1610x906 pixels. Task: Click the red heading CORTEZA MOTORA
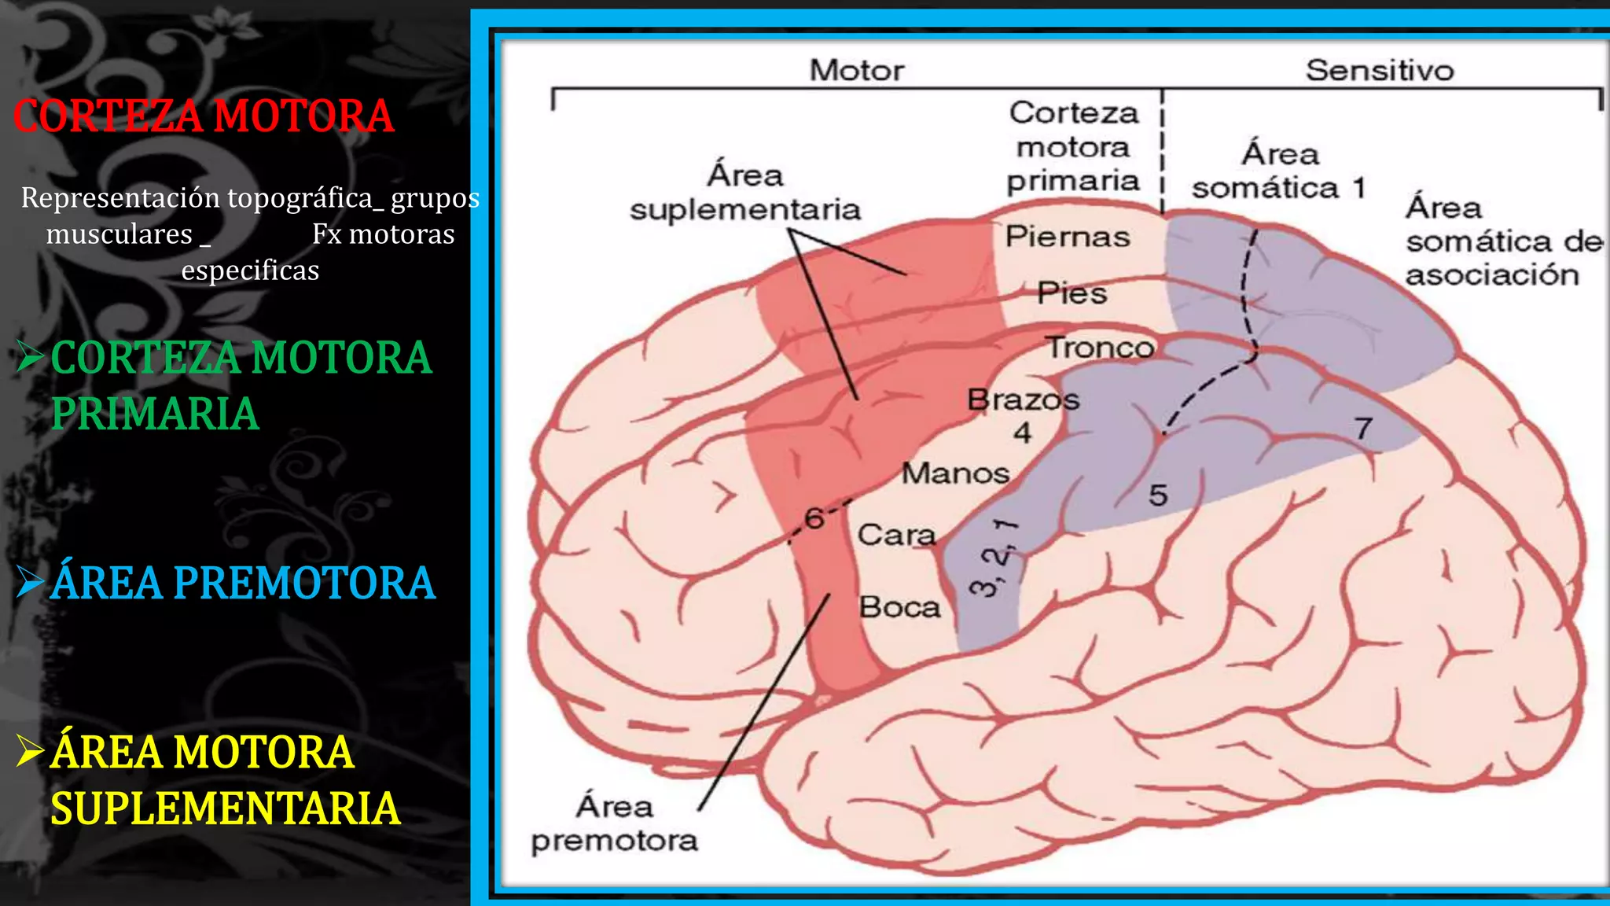coord(204,116)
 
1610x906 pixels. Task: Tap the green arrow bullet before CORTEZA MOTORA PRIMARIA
coord(31,357)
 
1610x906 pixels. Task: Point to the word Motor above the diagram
coord(857,70)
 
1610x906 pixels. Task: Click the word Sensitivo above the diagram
coord(1380,70)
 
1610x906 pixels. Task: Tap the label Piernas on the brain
coord(1068,237)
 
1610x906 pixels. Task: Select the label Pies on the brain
coord(1071,293)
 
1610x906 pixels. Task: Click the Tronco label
coord(1100,347)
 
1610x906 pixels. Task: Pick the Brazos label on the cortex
coord(1024,400)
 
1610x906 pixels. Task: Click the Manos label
coord(955,473)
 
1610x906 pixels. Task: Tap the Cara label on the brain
coord(897,536)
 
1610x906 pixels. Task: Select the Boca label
coord(900,607)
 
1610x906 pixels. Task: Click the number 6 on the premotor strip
coord(814,518)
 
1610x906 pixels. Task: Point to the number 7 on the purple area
coord(1364,429)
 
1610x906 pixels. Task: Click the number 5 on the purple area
coord(1158,495)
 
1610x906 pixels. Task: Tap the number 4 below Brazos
coord(1022,433)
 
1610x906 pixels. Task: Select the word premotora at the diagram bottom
coord(615,842)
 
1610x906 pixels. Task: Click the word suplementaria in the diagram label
coord(745,210)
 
